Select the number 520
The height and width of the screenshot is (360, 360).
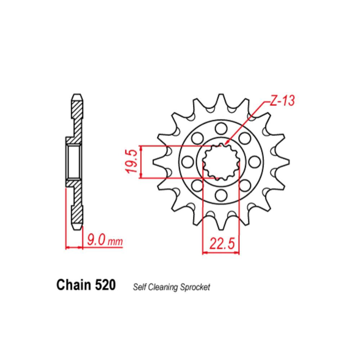point(105,285)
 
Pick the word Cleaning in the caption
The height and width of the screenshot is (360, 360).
point(159,287)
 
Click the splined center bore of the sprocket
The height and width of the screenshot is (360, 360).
point(221,162)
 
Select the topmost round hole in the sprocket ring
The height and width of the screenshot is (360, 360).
point(221,129)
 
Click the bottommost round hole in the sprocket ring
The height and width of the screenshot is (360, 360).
point(221,195)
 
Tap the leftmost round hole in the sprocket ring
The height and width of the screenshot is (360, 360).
point(187,162)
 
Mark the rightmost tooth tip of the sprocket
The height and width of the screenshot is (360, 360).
point(287,162)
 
